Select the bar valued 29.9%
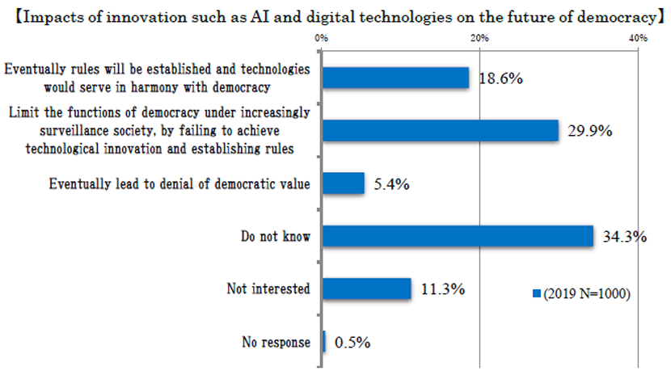pyautogui.click(x=441, y=130)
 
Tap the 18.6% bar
pyautogui.click(x=395, y=78)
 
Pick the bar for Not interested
pyautogui.click(x=367, y=289)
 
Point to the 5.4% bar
pyautogui.click(x=344, y=183)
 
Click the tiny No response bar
pyautogui.click(x=324, y=342)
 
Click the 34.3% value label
pyautogui.click(x=624, y=237)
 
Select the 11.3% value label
pyautogui.click(x=441, y=289)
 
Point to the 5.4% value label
pyautogui.click(x=391, y=184)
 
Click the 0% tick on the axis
pyautogui.click(x=321, y=38)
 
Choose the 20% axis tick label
pyautogui.click(x=479, y=38)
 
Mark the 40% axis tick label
pyautogui.click(x=636, y=38)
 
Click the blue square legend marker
pyautogui.click(x=535, y=294)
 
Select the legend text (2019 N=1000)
pyautogui.click(x=587, y=294)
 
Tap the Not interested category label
pyautogui.click(x=270, y=289)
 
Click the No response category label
pyautogui.click(x=276, y=342)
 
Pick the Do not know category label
pyautogui.click(x=276, y=236)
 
